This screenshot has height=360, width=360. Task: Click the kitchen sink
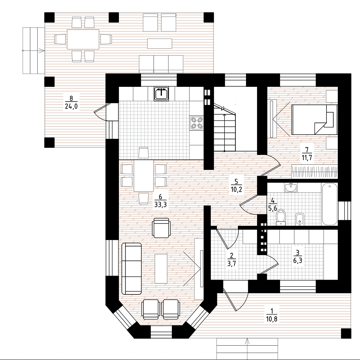coord(162,93)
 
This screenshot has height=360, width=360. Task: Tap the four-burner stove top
coord(197,122)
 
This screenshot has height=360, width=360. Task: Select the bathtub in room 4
coord(330,204)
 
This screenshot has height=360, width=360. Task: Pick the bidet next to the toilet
coord(300,219)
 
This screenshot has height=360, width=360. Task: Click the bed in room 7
coord(314,120)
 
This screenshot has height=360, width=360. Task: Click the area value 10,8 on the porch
coord(272,319)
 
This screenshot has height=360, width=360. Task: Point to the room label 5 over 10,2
coord(236,186)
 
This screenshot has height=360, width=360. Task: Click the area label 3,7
coord(232,263)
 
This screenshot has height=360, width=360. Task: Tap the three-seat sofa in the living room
coord(131,268)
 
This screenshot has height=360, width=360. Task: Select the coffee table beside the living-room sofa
coord(161,268)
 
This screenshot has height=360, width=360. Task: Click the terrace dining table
coord(83,39)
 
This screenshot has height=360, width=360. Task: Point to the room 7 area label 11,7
coord(308,158)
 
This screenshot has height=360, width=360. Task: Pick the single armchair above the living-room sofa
coord(162,228)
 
